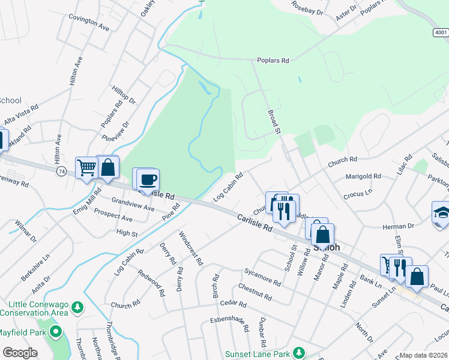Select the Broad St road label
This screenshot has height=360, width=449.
tap(274, 120)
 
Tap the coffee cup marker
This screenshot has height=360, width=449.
tap(148, 179)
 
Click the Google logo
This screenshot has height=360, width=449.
tap(20, 353)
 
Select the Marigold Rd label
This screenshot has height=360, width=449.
tap(364, 176)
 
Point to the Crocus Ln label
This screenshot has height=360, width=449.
tap(358, 195)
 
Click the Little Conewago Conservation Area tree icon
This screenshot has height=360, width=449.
tap(77, 307)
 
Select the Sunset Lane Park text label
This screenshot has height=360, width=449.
tap(258, 354)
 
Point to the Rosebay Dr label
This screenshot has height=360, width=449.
tap(307, 7)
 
